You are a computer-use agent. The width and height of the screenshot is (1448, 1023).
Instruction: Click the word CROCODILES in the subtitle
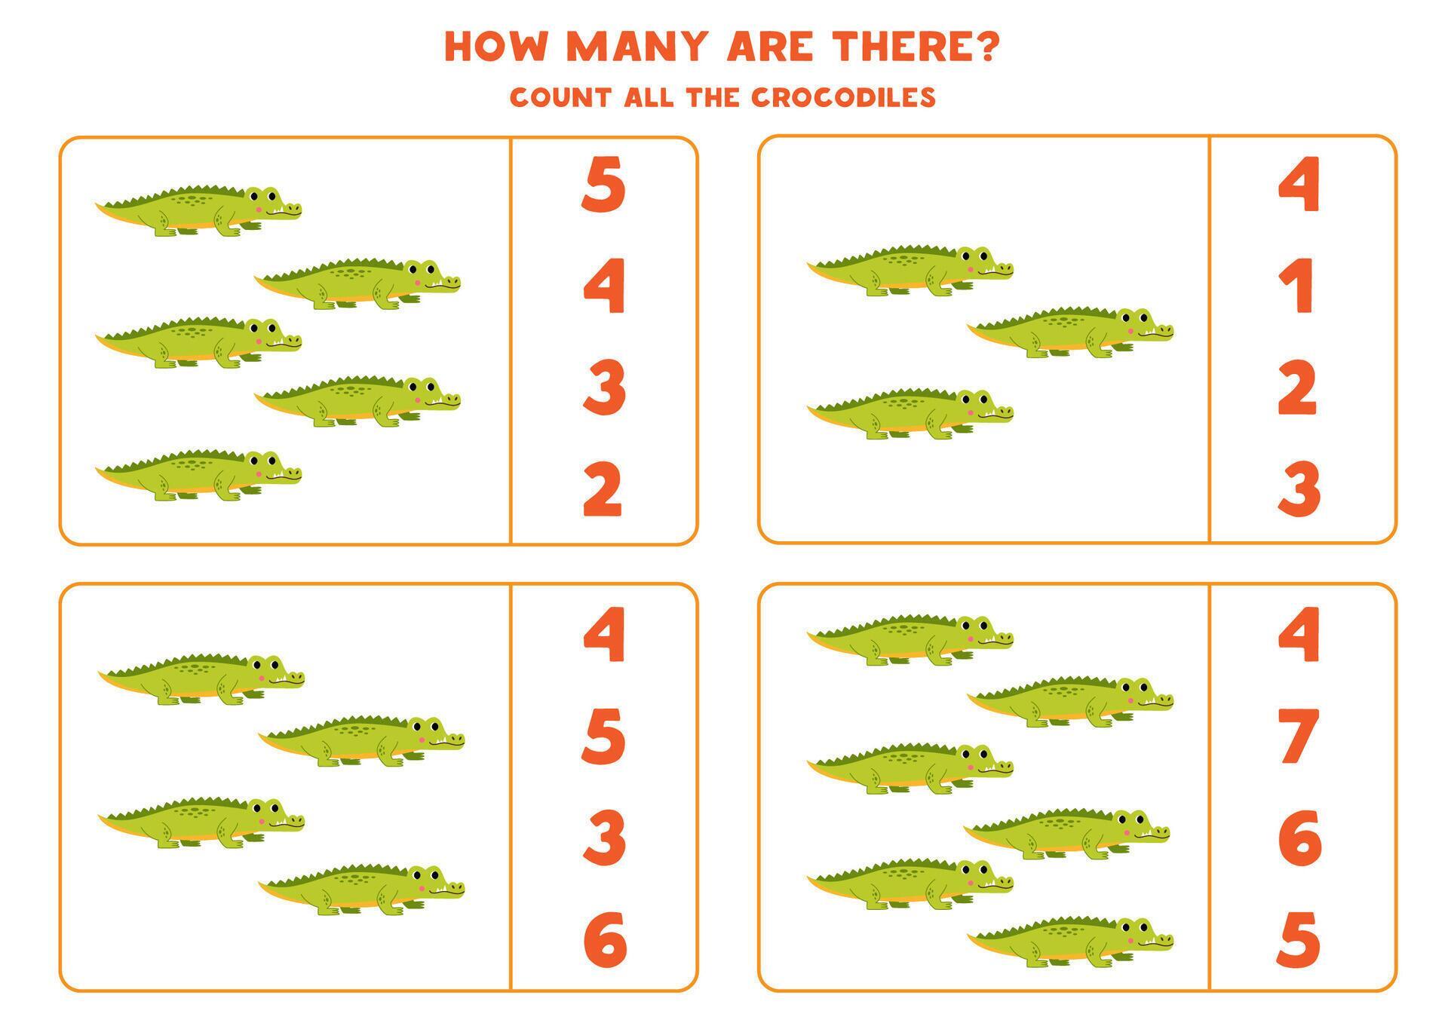842,97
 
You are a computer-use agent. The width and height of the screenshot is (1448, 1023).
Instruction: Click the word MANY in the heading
638,47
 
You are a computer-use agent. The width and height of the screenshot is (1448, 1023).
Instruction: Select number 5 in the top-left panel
603,184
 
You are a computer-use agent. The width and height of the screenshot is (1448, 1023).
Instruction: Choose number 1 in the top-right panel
1299,286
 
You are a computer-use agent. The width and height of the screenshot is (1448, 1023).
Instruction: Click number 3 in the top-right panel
1299,490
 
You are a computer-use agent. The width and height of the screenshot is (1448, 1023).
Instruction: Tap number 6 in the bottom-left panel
604,939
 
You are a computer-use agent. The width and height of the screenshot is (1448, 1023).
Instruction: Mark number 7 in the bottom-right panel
1299,736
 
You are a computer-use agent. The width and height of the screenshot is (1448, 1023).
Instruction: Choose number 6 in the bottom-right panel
1299,837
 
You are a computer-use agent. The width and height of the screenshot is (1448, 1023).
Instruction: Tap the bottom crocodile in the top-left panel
199,476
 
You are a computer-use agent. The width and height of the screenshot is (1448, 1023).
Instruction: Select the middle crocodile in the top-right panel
1071,332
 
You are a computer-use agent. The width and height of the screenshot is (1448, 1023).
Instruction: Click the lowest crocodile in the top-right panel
910,414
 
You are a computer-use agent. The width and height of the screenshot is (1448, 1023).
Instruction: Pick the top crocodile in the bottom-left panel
201,679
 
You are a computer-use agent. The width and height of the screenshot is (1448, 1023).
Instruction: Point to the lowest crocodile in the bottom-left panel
362,890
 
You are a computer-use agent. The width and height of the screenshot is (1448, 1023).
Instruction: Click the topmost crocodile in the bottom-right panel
910,640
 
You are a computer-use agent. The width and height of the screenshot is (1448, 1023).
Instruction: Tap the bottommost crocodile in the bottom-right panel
1071,942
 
